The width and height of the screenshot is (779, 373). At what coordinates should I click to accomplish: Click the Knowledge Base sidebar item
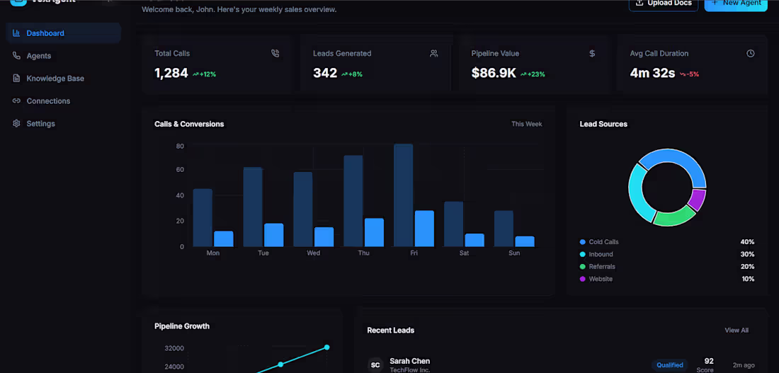click(55, 79)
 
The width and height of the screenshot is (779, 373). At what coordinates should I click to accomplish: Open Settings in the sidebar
click(40, 124)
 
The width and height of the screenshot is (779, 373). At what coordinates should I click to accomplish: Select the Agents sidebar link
click(38, 56)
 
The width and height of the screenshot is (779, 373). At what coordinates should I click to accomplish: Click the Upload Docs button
click(663, 4)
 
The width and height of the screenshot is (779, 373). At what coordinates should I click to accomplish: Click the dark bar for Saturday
click(453, 224)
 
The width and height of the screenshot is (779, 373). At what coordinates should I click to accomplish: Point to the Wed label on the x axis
click(313, 253)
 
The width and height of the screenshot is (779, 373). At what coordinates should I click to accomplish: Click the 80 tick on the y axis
click(180, 146)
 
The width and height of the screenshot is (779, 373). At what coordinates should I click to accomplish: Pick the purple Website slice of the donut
click(697, 200)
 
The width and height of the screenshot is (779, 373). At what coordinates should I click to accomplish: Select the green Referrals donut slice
click(674, 216)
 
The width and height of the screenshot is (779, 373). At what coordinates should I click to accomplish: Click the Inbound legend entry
click(601, 254)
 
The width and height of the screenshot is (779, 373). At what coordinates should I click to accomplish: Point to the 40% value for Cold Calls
click(747, 242)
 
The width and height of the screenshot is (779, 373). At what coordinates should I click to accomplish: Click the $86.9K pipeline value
click(494, 73)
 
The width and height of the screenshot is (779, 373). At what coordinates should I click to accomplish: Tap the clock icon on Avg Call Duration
click(751, 54)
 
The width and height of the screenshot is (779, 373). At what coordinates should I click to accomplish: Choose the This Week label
click(527, 125)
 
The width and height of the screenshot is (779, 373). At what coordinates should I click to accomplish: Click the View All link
click(737, 331)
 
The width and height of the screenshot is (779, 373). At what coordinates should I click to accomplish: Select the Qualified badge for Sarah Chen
click(669, 365)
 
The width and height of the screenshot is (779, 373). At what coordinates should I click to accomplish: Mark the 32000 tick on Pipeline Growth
click(174, 348)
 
